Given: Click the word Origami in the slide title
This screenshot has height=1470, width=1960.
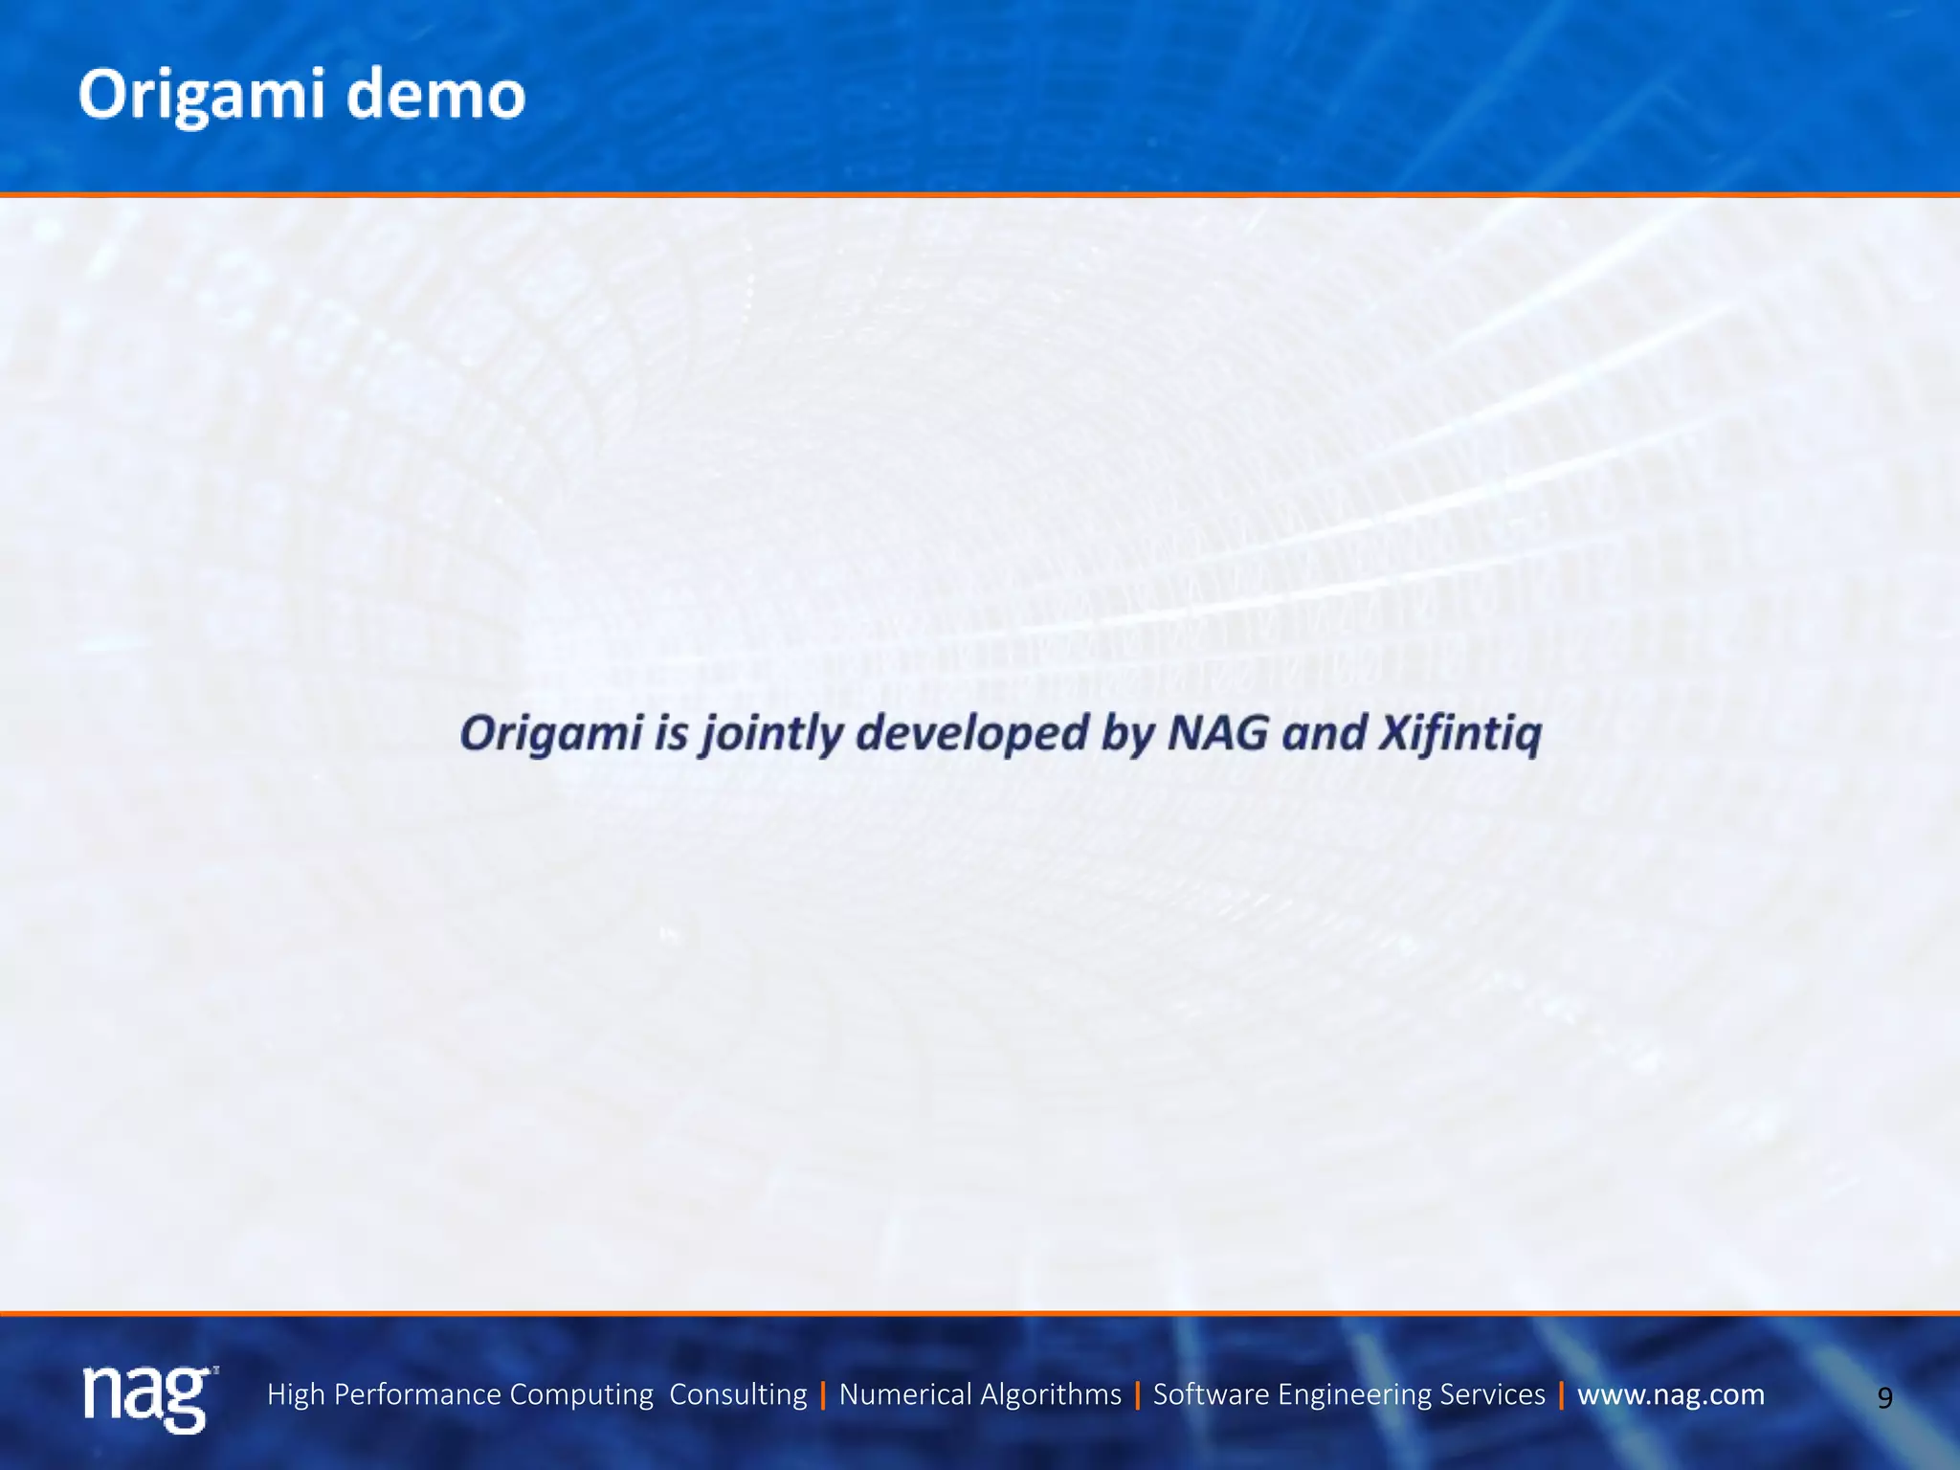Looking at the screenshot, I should coord(202,96).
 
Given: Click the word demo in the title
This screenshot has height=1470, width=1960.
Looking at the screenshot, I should coord(435,96).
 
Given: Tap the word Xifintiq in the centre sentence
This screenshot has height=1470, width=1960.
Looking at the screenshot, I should coord(1460,734).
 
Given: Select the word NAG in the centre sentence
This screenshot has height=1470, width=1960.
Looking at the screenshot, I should coord(1218,733).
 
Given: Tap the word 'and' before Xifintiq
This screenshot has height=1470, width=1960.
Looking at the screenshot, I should coord(1324,733).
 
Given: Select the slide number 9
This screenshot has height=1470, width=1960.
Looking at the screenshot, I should coord(1884,1398).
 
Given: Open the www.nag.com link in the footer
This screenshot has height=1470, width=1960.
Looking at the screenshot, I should coord(1670,1394).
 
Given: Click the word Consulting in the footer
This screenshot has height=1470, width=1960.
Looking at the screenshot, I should coord(738,1394).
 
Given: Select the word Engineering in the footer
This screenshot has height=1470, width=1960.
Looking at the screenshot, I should coord(1357,1394).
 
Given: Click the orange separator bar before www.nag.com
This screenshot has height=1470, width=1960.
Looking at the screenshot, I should coord(1561,1395).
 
